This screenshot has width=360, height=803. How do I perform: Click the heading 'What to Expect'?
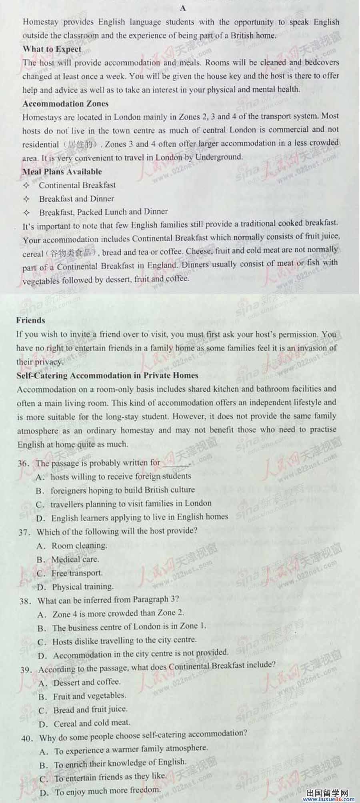point(52,49)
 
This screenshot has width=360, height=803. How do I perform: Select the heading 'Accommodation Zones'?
point(66,104)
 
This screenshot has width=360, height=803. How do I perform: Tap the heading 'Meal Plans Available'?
point(62,172)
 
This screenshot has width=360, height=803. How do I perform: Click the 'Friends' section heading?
point(31,320)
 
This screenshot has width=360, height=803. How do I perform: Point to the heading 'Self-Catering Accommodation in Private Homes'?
point(107,375)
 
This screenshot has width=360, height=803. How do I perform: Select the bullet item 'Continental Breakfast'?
point(77,185)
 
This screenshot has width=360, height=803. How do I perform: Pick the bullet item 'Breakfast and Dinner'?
point(76,198)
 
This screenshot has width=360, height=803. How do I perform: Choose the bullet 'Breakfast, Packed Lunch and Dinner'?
point(103,212)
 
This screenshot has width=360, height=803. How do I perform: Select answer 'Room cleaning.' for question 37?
point(79,546)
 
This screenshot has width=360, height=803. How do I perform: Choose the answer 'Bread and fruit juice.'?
point(90,709)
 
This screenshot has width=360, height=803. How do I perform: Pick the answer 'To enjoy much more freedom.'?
point(108,791)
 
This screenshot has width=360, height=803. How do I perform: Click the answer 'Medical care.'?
point(75,559)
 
